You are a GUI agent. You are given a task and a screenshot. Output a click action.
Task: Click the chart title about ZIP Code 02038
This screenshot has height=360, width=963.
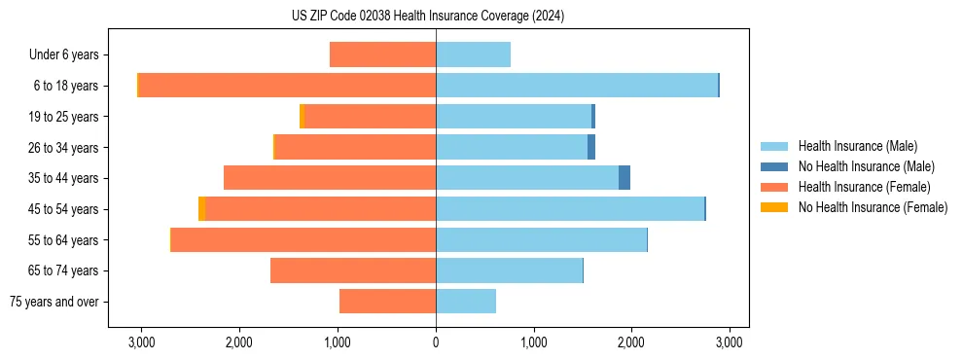427,17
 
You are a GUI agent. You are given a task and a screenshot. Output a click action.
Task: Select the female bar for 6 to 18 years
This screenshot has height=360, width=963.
287,86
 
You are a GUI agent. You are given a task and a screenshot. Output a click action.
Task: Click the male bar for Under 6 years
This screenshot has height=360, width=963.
473,55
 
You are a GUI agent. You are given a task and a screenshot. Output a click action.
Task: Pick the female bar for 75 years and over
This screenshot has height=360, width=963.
387,302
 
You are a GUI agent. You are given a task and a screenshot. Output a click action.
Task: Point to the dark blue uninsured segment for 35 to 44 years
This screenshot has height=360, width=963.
624,178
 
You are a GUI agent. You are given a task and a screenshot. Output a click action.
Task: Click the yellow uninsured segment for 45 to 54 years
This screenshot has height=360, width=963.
201,209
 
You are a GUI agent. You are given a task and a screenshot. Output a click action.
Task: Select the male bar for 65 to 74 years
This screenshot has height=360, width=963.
509,270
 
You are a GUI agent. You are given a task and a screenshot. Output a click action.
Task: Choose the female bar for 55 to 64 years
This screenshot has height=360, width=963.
303,240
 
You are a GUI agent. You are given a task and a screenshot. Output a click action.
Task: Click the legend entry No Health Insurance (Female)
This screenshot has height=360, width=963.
873,207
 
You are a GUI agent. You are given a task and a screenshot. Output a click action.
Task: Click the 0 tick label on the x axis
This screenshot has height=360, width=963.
436,342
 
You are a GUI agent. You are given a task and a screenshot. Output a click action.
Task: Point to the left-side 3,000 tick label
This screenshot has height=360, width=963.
141,342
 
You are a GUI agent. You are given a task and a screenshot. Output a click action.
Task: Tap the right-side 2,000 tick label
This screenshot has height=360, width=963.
631,342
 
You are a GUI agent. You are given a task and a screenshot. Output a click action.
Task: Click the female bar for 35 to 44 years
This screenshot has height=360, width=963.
330,178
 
